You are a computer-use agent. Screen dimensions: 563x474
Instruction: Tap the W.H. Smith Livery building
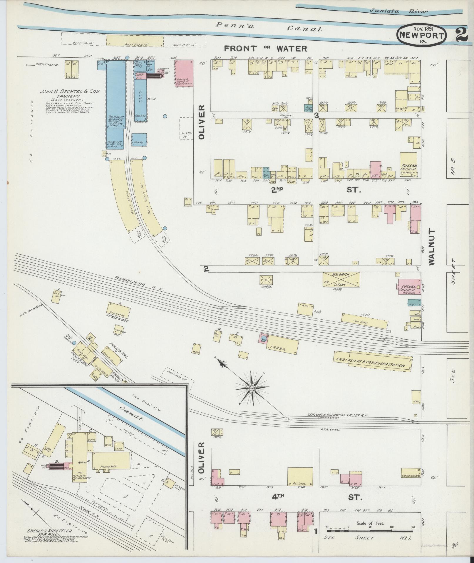coord(341,279)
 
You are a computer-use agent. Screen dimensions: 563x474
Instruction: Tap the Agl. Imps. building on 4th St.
coord(300,476)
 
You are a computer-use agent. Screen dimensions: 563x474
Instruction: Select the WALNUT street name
coord(431,247)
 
